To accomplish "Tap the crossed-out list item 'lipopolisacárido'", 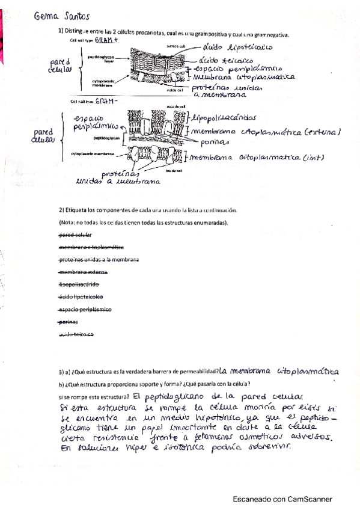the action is pos(79,284).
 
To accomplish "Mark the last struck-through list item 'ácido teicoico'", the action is pos(77,334).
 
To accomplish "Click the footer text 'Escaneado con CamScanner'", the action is pos(282,499).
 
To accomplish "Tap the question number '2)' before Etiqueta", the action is pos(61,210).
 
